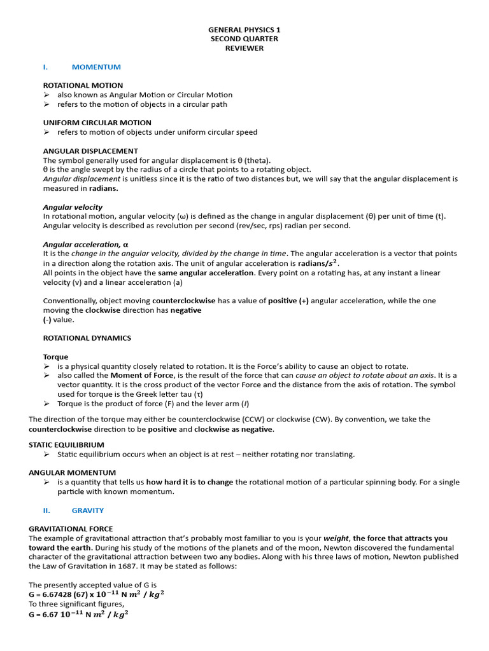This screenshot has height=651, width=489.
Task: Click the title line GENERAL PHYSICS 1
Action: point(244,29)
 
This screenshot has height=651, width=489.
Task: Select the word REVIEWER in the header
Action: point(244,48)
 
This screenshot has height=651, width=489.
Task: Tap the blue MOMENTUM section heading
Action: point(96,67)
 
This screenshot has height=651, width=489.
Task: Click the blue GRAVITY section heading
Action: point(88,511)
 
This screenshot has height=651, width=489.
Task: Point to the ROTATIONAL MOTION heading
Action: point(83,85)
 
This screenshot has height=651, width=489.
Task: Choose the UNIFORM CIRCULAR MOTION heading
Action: point(97,123)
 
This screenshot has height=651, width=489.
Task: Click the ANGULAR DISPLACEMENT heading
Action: point(90,151)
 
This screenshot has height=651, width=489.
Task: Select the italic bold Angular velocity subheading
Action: point(73,207)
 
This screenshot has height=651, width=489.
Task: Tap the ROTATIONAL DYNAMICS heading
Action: point(87,338)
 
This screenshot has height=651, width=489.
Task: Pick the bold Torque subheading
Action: point(55,357)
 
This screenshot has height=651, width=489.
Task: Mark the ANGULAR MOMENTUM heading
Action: point(72,473)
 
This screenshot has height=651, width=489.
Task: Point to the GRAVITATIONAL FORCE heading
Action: point(71,529)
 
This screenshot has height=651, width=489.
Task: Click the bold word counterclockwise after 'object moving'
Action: point(184,301)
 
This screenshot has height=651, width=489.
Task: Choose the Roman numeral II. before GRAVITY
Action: point(46,511)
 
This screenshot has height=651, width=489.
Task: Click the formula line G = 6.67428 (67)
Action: point(97,594)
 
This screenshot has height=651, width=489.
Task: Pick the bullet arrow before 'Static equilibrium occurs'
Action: point(46,455)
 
